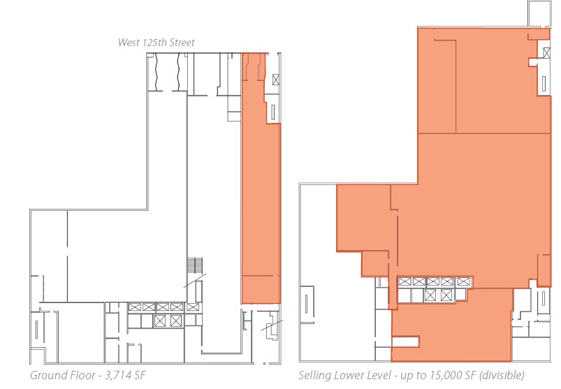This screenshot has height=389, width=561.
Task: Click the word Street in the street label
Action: click(178, 43)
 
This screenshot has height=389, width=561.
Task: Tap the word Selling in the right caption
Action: click(315, 376)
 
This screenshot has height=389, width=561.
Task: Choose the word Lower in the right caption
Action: click(350, 376)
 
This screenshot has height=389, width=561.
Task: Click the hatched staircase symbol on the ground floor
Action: click(196, 266)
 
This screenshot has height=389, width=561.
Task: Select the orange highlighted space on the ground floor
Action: click(260, 210)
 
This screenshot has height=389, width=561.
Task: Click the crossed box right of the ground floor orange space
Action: click(275, 79)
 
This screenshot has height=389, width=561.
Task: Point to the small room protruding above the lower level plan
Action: click(539, 13)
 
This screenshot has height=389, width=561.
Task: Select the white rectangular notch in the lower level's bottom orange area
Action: click(405, 342)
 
